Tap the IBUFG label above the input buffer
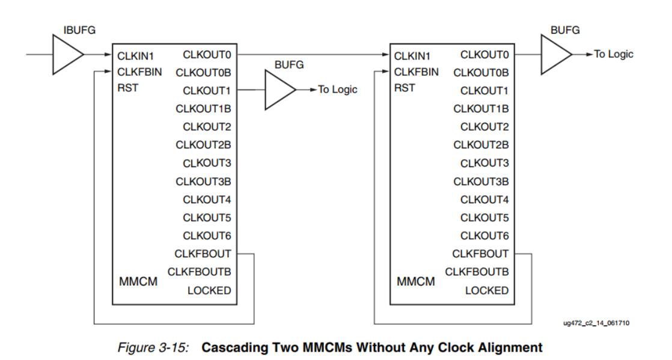pos(79,31)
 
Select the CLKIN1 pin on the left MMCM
pos(136,56)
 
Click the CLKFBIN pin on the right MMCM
pos(417,72)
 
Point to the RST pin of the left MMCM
pos(128,88)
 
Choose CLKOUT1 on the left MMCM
pos(207,91)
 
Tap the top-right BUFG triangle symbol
pos(554,55)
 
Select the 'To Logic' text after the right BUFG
pos(614,54)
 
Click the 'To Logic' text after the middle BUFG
pos(337,90)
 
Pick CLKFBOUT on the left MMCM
pos(203,254)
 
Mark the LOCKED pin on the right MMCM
pos(487,290)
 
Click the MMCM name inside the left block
pos(138,281)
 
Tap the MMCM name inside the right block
pos(416,281)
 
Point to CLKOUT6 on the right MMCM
pos(484,236)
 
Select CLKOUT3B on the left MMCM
pos(203,181)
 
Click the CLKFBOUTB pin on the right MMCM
pos(477,272)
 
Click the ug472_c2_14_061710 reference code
pos(596,324)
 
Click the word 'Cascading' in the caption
pos(231,347)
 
